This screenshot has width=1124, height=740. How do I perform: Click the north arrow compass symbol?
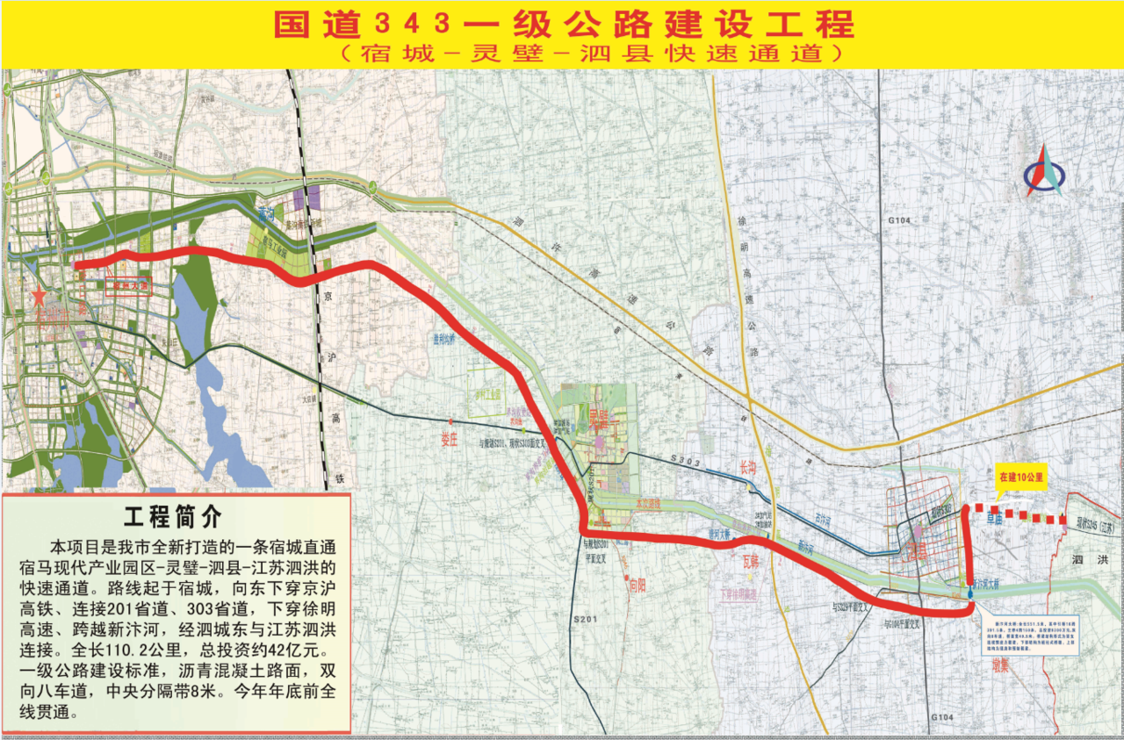point(1043,170)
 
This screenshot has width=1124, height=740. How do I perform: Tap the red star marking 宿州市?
point(37,297)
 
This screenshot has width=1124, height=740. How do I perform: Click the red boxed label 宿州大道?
point(129,284)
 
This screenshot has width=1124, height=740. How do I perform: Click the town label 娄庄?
point(450,440)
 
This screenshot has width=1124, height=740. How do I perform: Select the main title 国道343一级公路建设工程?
point(563,25)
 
